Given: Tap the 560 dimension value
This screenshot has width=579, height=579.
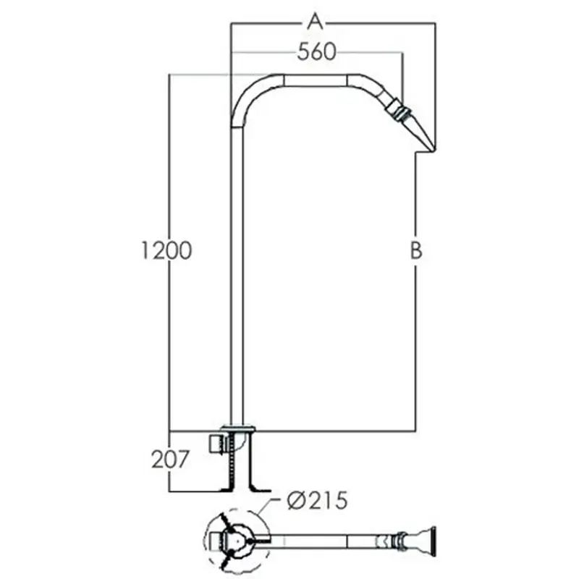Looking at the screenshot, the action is coord(317,51).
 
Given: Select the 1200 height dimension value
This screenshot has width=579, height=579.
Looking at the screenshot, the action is coord(167,250).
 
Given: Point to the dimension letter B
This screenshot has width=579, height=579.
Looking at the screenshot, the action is coord(416,250).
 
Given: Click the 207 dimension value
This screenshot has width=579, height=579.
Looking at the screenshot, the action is coord(170,460).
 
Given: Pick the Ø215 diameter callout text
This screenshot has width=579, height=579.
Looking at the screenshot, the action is coord(318,501).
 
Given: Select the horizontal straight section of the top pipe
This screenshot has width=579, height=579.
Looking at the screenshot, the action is coord(316,80).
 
